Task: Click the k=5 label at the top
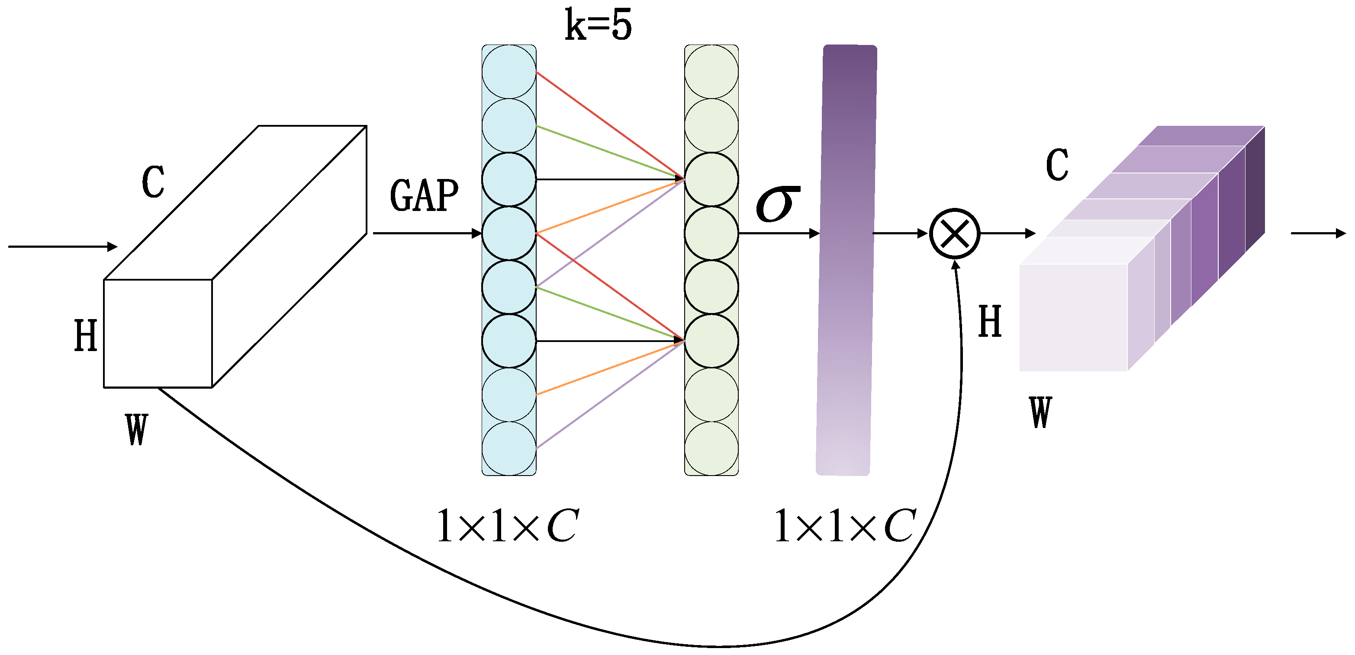click(598, 25)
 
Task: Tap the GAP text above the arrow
click(424, 195)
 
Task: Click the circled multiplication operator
click(954, 233)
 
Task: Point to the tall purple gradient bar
click(846, 260)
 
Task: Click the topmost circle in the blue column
click(509, 71)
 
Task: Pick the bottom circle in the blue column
click(509, 448)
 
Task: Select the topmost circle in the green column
click(711, 71)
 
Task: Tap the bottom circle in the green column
click(711, 448)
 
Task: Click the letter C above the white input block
click(153, 182)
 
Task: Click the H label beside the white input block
click(86, 335)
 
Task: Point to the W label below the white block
click(137, 429)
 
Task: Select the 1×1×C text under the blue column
click(508, 526)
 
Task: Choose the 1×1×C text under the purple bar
click(845, 526)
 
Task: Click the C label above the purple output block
click(1057, 165)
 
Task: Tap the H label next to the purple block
click(989, 321)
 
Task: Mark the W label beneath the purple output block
click(1040, 412)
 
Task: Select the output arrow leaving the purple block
click(1318, 233)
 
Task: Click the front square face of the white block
click(158, 333)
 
